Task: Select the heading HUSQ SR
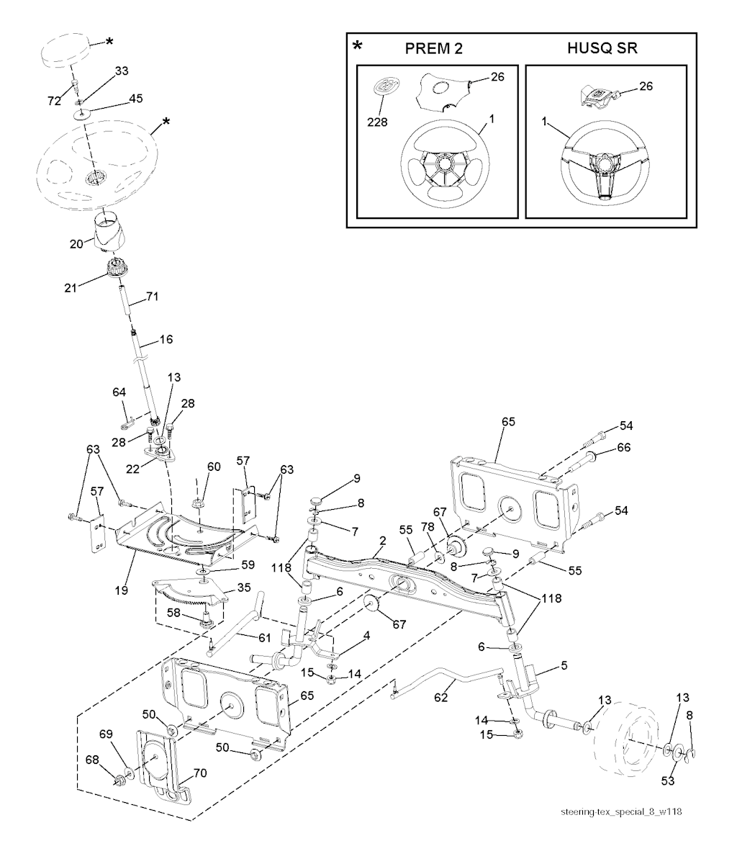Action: point(603,49)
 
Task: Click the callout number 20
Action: point(76,243)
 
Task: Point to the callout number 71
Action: point(152,296)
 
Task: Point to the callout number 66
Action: point(623,448)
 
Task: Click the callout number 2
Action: point(383,540)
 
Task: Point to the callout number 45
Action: point(135,99)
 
